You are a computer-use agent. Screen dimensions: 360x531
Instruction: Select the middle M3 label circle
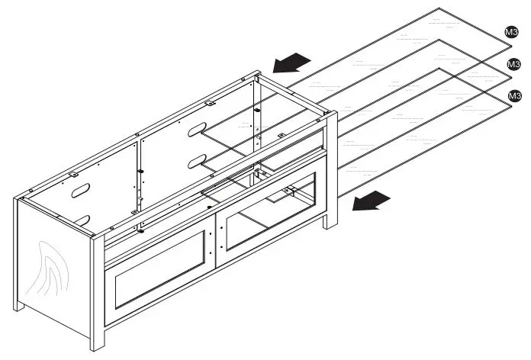tap(514, 65)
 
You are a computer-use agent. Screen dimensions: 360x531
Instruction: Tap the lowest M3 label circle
tap(514, 95)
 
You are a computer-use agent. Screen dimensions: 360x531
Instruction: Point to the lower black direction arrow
tap(372, 201)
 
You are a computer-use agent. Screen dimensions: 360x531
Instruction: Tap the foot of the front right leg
tap(330, 226)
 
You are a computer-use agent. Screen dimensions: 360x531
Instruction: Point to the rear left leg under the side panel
tap(18, 304)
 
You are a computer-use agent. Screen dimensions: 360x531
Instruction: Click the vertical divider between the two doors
tap(217, 237)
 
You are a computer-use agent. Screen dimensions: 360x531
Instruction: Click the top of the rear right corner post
tap(258, 76)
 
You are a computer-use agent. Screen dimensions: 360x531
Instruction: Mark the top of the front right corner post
tap(332, 115)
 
